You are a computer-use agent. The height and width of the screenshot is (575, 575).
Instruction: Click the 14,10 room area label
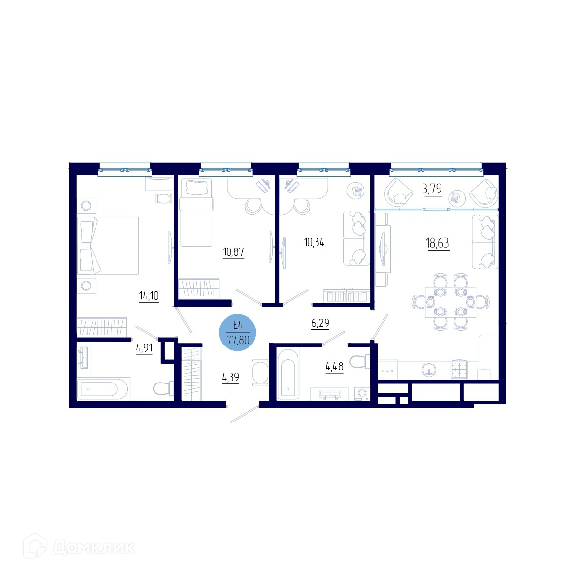(149, 296)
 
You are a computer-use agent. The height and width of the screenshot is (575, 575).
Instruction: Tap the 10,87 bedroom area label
(233, 252)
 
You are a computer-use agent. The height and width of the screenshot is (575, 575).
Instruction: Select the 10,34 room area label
(314, 242)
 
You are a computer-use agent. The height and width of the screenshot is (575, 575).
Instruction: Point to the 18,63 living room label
(438, 243)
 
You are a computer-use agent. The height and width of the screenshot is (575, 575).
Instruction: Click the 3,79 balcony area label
(433, 189)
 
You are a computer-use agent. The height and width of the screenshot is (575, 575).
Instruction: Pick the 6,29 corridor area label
(320, 323)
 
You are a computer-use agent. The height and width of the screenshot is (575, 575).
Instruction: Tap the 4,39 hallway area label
(230, 377)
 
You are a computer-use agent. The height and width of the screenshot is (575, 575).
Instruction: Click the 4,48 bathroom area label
(334, 366)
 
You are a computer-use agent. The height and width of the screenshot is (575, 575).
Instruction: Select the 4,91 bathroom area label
(145, 347)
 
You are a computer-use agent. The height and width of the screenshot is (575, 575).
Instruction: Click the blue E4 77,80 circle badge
(238, 333)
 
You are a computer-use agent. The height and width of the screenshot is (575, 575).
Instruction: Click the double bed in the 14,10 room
(108, 246)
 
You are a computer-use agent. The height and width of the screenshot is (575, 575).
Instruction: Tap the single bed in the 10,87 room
(196, 212)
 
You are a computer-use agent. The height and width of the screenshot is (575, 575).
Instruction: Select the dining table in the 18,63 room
(450, 302)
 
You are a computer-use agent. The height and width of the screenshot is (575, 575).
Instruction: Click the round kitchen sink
(429, 370)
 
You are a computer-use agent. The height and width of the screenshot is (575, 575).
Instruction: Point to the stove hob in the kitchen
(459, 369)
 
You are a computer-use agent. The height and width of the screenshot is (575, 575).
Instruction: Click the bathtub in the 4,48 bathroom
(288, 374)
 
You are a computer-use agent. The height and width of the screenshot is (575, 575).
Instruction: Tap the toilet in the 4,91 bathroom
(164, 389)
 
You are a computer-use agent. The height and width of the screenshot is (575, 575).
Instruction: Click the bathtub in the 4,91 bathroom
(103, 388)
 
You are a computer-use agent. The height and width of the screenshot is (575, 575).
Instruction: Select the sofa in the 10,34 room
(356, 238)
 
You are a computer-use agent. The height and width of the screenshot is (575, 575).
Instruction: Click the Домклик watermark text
(93, 548)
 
